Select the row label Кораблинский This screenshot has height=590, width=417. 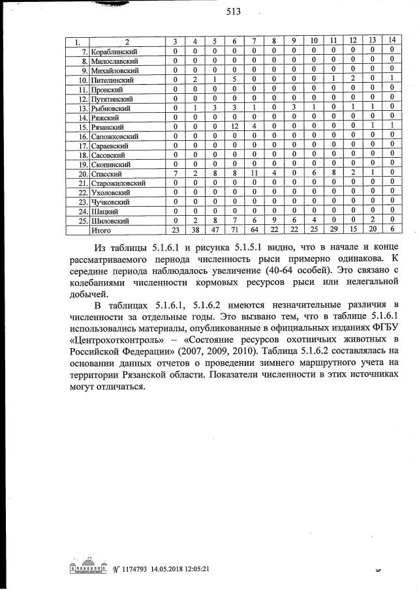[x=117, y=51]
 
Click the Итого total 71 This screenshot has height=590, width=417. [x=234, y=230]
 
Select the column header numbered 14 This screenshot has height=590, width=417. [x=391, y=42]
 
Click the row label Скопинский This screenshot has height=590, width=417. [x=114, y=164]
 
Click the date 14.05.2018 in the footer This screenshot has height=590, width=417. [x=171, y=569]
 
